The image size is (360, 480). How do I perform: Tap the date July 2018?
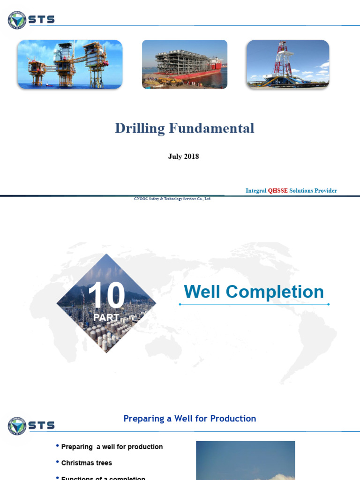point(183,157)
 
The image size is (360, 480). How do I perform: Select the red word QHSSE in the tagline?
point(277,191)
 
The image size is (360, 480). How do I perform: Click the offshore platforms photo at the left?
point(70,64)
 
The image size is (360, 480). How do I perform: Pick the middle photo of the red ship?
point(185,64)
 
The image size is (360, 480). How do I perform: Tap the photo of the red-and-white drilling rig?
point(288,64)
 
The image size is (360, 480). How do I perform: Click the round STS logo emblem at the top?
point(17,20)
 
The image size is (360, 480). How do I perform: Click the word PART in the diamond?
point(106,317)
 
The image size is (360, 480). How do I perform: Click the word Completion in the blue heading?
point(275,292)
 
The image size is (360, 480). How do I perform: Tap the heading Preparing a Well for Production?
point(189,419)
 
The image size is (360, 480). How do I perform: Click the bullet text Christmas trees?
point(87,463)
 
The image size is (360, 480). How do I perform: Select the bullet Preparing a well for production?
point(112,447)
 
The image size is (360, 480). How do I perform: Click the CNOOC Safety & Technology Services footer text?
point(172,199)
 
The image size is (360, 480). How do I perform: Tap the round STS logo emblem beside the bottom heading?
point(17,426)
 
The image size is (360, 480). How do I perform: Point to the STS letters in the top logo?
point(42,20)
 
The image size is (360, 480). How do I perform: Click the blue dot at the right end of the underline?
point(328,304)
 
